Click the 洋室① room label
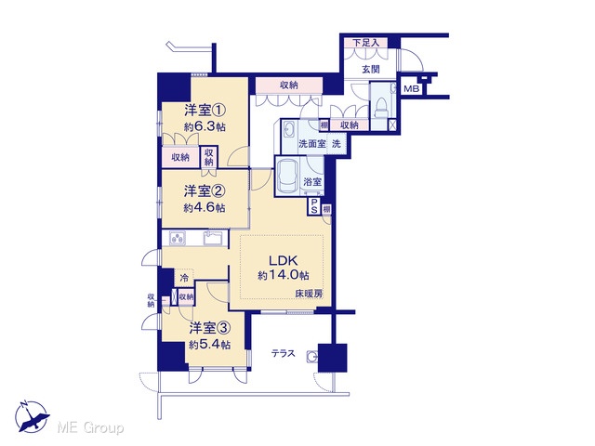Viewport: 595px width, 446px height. [205, 111]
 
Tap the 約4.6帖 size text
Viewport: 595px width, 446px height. [205, 208]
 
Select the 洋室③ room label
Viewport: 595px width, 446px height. [210, 328]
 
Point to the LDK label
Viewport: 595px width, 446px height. [283, 260]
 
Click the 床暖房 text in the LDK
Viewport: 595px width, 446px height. [309, 294]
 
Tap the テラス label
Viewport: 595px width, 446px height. [283, 353]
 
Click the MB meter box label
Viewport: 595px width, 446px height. [411, 89]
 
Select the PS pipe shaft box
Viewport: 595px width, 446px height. [314, 206]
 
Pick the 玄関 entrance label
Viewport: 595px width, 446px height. [370, 70]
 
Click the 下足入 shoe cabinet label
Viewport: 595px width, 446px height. [366, 43]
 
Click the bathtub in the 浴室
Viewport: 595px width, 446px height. [287, 176]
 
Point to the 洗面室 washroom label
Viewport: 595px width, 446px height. [312, 144]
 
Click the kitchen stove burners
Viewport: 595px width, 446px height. [178, 238]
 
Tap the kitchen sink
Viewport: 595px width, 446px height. [213, 239]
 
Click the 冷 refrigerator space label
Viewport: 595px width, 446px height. [184, 278]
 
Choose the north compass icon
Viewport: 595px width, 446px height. [32, 416]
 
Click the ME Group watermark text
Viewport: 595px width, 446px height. [90, 427]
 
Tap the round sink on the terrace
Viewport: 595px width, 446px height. [312, 357]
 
